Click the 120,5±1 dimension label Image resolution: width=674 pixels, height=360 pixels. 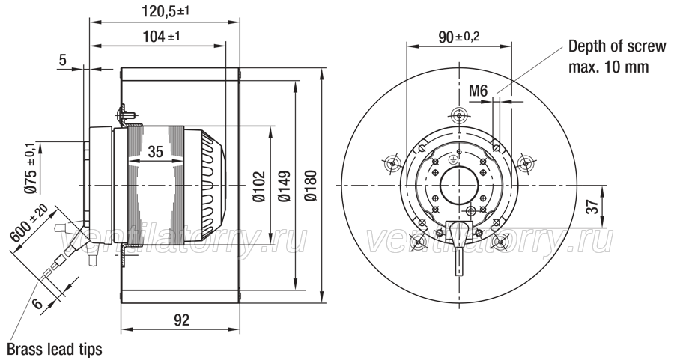pyautogui.click(x=165, y=11)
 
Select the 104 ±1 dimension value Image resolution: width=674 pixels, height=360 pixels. pyautogui.click(x=160, y=37)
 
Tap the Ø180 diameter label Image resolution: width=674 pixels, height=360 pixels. pyautogui.click(x=310, y=186)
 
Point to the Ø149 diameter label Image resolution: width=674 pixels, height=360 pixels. pyautogui.click(x=285, y=186)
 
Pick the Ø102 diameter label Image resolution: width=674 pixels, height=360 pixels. pyautogui.click(x=259, y=186)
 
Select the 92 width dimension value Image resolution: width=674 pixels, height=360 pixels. pyautogui.click(x=181, y=320)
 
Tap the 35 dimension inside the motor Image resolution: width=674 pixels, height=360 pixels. pyautogui.click(x=156, y=152)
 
